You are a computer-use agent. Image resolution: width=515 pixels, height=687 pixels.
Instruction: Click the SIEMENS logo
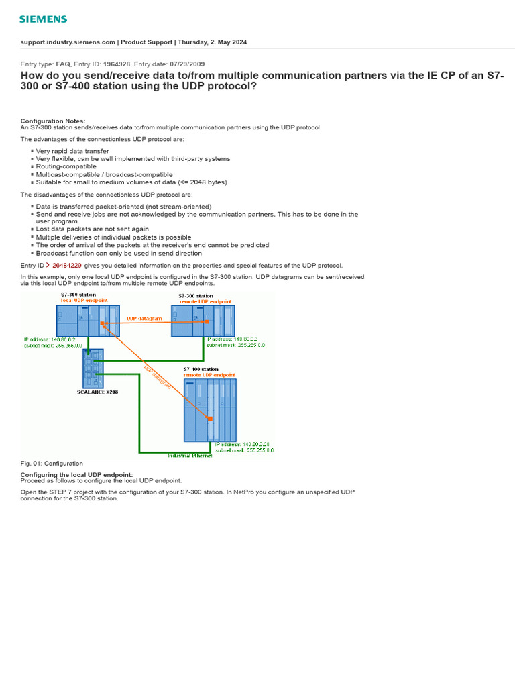pos(42,19)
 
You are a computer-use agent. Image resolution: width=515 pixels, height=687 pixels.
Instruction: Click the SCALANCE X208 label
pos(97,392)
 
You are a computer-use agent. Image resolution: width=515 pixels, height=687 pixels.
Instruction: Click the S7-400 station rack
pos(211,409)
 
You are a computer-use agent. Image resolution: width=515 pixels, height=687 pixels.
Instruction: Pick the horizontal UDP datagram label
pos(144,318)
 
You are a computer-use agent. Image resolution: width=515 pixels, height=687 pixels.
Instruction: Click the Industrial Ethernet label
pos(189,456)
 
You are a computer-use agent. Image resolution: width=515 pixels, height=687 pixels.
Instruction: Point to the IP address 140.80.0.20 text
pos(243,444)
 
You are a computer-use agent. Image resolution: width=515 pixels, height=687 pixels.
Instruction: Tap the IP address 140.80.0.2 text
pos(50,340)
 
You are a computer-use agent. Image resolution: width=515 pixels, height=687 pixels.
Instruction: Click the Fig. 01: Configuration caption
pos(52,464)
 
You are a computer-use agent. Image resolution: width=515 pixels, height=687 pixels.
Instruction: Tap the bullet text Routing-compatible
pos(66,166)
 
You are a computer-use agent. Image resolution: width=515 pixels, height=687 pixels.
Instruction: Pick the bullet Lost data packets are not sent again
pos(92,229)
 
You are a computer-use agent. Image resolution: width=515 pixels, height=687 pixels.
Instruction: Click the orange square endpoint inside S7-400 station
pos(210,418)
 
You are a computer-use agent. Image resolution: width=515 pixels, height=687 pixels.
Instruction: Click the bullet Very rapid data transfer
pos(72,151)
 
